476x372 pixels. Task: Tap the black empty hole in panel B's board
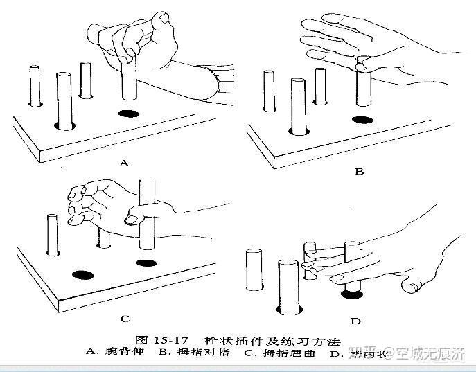click(x=361, y=120)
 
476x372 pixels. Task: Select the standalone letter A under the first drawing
click(x=125, y=163)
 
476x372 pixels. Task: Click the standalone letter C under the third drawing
click(x=125, y=319)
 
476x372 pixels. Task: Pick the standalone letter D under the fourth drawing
click(x=355, y=321)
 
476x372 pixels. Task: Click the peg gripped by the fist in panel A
click(x=127, y=83)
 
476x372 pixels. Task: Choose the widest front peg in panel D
click(x=288, y=284)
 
